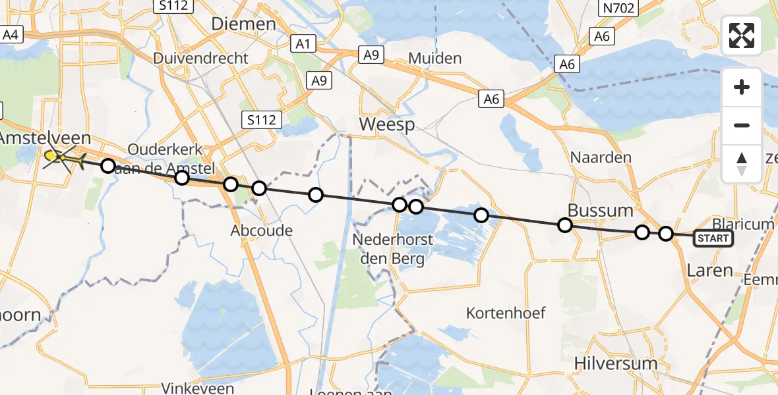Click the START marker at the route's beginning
tap(713, 238)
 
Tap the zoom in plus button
tap(742, 88)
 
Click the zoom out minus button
tap(742, 125)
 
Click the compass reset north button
tap(742, 163)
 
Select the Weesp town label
tap(386, 125)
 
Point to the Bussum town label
tap(601, 211)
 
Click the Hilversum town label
tap(616, 363)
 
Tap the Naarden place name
tap(601, 157)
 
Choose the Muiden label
tap(434, 58)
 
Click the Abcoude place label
tap(261, 230)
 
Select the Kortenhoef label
tap(506, 313)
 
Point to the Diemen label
tap(243, 24)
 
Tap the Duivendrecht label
tap(200, 58)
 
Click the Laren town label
tap(709, 270)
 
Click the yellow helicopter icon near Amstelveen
tap(61, 157)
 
